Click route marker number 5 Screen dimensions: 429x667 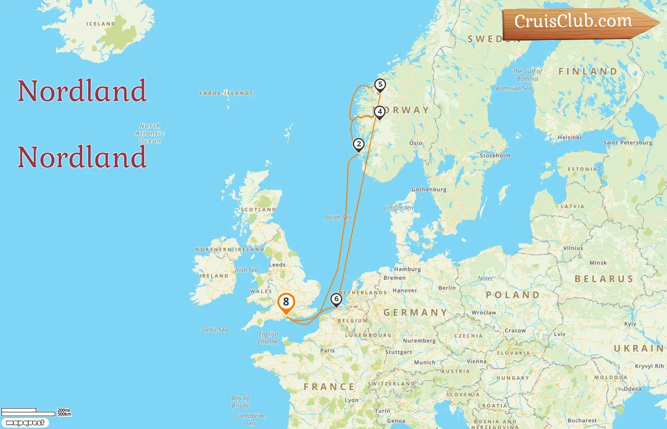click(380, 85)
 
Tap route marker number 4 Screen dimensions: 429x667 click(379, 112)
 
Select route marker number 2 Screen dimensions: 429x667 click(359, 144)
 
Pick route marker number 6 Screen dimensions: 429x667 click(336, 299)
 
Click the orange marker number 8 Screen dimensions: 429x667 click(286, 302)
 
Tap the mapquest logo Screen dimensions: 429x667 click(25, 423)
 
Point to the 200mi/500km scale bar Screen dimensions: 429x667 click(36, 412)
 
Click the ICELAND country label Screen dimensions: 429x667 click(101, 24)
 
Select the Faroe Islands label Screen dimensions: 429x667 click(226, 93)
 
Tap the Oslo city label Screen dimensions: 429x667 click(415, 143)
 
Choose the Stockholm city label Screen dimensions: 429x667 click(495, 155)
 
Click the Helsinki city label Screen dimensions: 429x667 click(569, 137)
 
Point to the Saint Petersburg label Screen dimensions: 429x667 click(627, 143)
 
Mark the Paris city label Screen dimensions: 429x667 click(327, 350)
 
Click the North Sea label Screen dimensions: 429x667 click(338, 217)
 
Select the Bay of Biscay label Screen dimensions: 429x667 click(240, 401)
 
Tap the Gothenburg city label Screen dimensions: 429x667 click(429, 189)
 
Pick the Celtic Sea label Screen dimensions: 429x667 click(215, 330)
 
